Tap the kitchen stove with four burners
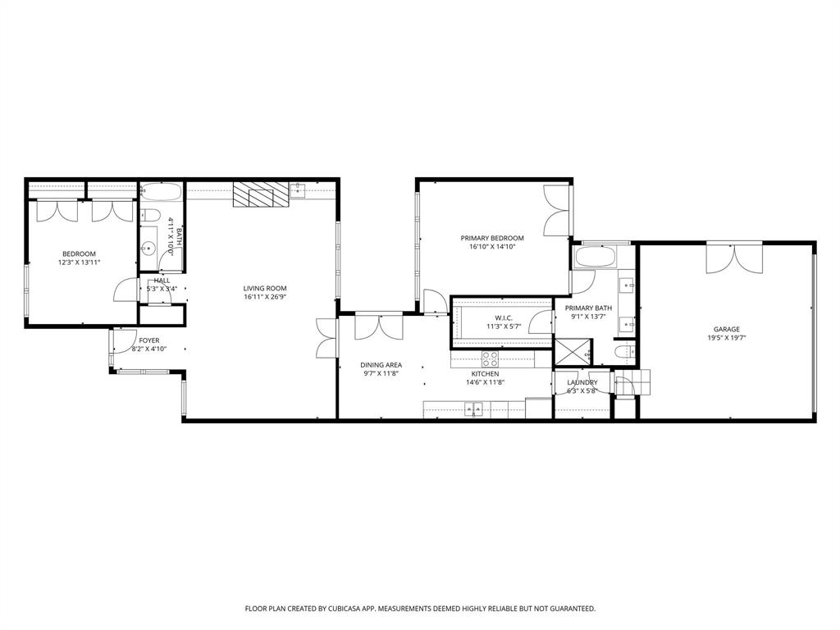point(490,358)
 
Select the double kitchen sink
point(473,409)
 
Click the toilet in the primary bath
point(623,352)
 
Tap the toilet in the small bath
point(150,216)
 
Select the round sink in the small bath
point(149,247)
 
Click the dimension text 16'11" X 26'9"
point(265,298)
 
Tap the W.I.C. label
point(503,317)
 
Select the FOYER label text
point(148,340)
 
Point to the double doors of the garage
point(735,257)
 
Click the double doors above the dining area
point(378,326)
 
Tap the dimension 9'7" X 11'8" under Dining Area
point(381,374)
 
